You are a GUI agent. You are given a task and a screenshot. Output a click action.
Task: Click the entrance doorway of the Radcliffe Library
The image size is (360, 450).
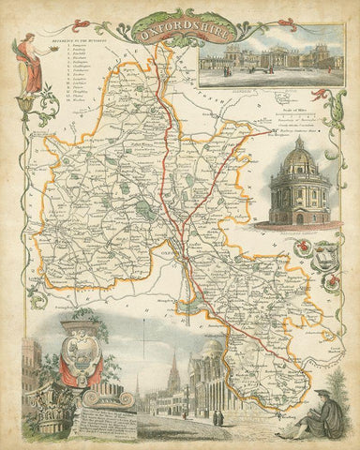tap(299, 217)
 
